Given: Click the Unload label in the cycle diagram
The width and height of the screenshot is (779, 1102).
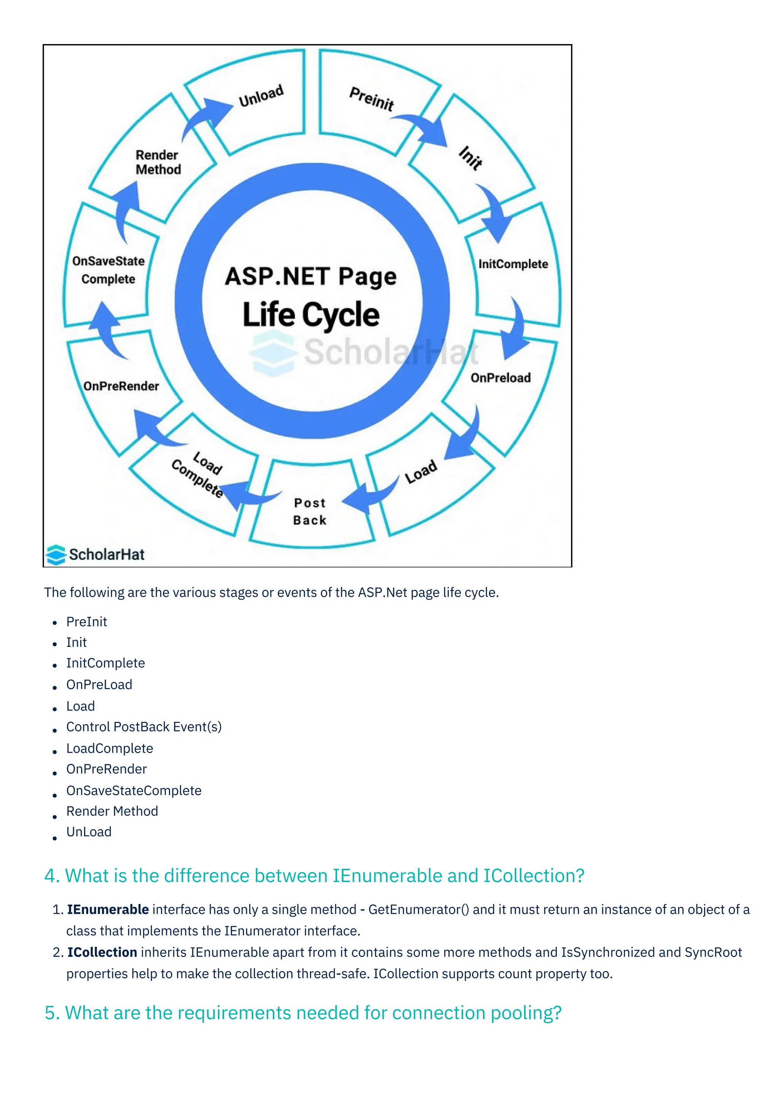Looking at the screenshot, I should click(x=261, y=96).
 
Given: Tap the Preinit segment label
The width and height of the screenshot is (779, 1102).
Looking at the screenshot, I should click(x=371, y=99).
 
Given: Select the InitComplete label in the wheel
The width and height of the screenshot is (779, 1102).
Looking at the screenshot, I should click(x=513, y=264).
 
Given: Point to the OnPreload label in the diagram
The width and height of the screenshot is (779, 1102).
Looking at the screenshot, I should click(x=500, y=378).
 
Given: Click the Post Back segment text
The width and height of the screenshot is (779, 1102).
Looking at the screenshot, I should click(x=310, y=512).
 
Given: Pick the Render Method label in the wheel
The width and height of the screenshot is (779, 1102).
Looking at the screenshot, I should click(x=158, y=162).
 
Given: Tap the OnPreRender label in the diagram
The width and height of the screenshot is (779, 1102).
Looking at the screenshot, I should click(x=121, y=386).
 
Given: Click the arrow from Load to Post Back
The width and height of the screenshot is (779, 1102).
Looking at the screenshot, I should click(x=369, y=497).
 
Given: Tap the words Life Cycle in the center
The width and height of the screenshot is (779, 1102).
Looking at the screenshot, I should click(x=311, y=315).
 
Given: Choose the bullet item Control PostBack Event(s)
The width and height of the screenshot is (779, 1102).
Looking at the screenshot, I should click(x=144, y=727).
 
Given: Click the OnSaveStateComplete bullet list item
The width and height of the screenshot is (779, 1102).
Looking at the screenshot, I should click(x=134, y=790).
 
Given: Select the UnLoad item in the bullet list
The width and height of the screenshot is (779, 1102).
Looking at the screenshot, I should click(x=89, y=832).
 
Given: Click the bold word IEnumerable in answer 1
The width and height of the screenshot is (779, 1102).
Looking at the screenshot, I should click(x=108, y=909).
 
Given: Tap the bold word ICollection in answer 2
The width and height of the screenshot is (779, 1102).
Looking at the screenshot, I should click(x=102, y=952).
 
